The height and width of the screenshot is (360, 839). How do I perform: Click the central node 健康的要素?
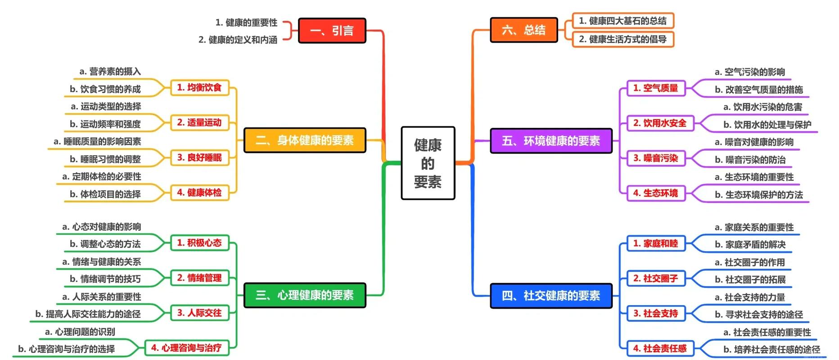point(428,163)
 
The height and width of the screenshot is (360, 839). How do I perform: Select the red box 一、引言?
point(332,31)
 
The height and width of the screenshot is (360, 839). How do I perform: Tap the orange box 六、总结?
point(523,30)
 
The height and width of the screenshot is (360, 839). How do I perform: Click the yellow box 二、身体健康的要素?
point(305,140)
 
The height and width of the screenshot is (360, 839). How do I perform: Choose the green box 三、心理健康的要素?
point(305,295)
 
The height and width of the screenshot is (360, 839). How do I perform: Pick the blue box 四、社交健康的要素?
point(551,296)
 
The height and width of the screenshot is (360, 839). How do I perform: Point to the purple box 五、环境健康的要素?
point(551,141)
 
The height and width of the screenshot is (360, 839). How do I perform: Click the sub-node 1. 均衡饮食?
point(199,87)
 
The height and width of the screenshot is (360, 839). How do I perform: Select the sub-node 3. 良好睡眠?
point(199,157)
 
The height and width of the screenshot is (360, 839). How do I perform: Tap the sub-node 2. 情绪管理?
point(199,278)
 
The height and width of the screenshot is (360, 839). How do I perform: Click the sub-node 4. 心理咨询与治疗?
point(186,348)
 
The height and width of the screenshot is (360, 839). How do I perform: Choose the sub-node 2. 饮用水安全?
point(660,123)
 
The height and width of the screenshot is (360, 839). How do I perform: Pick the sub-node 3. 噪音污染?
point(656,158)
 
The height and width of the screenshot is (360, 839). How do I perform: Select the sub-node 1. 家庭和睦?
point(656,243)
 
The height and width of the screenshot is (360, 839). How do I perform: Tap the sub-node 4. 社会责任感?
point(660,348)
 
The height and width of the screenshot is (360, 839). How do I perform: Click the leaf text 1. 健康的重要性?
point(246,22)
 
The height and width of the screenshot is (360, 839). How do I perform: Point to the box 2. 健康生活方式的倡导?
point(623,39)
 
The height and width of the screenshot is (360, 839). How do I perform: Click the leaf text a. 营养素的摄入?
point(110,72)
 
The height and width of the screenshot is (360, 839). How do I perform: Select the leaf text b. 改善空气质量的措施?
point(759,90)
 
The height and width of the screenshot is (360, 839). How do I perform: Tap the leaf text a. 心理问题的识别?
point(80,332)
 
